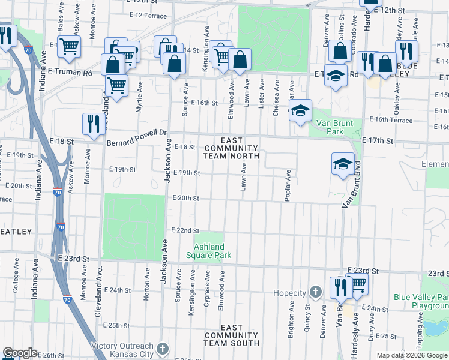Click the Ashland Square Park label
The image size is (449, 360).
(x=209, y=251)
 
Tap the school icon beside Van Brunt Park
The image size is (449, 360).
(x=300, y=110)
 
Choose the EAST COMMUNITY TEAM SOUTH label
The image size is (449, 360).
(x=231, y=335)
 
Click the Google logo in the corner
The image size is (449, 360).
(x=20, y=353)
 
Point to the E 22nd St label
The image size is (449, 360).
(x=185, y=230)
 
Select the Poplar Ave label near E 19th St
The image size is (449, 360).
(x=289, y=185)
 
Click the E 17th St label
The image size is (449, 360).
(x=380, y=141)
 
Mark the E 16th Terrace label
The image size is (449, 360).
(x=391, y=120)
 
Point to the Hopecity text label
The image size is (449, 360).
(x=291, y=293)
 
